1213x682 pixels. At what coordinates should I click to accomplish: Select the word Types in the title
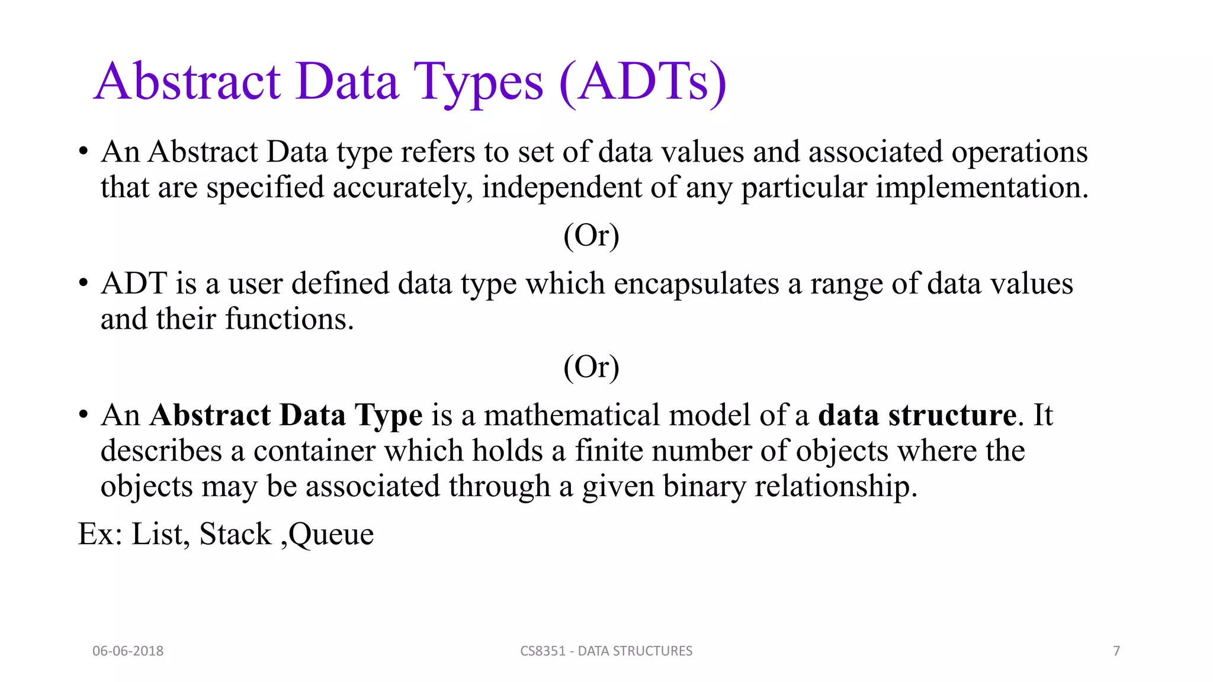[x=478, y=83]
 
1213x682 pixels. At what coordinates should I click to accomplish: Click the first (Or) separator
[x=591, y=236]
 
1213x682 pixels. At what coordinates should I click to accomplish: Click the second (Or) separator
[x=591, y=367]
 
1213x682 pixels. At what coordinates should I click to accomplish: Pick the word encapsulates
[x=696, y=284]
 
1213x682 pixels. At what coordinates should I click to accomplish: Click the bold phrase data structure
[x=917, y=415]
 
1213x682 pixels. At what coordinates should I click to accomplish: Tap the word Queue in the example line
[x=331, y=535]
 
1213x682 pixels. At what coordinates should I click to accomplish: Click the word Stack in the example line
[x=235, y=534]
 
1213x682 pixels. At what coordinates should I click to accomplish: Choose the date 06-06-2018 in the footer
[x=128, y=651]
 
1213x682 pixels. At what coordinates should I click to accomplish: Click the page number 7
[x=1116, y=651]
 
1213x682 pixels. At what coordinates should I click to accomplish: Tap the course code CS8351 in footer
[x=543, y=651]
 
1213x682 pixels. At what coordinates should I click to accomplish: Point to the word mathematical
[x=572, y=415]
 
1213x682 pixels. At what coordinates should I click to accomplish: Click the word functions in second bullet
[x=289, y=320]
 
